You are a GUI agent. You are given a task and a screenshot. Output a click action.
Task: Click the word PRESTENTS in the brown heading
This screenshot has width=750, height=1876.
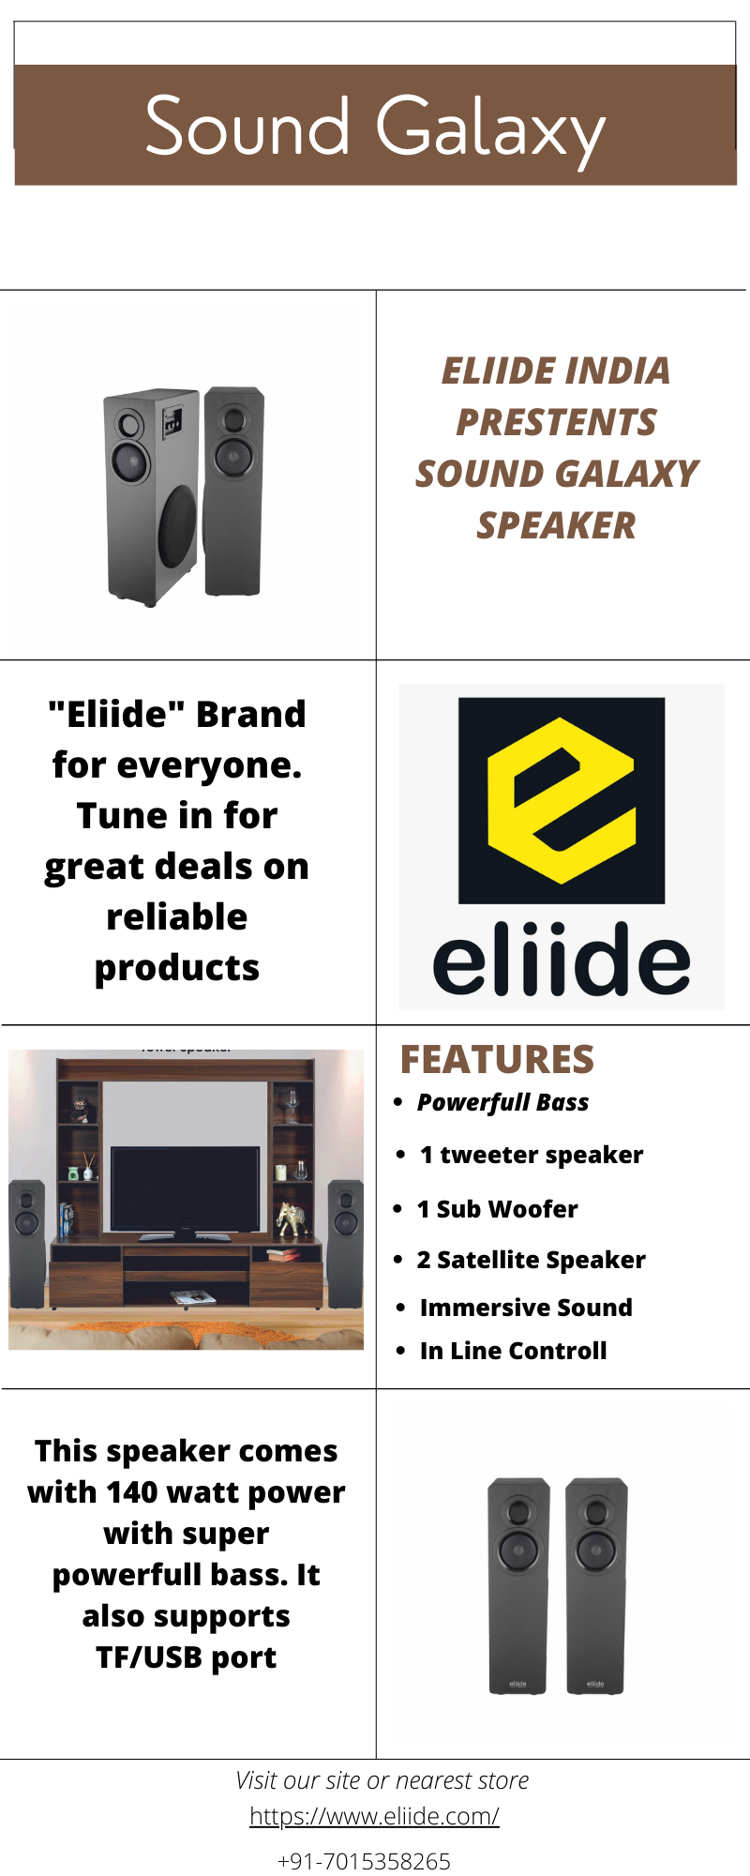click(556, 423)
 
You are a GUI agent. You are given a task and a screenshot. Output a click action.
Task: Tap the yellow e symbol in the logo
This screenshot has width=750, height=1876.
click(562, 800)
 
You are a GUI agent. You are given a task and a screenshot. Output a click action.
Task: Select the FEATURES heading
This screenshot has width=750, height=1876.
click(497, 1059)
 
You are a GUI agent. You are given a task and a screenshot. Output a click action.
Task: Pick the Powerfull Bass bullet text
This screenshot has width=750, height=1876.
click(502, 1103)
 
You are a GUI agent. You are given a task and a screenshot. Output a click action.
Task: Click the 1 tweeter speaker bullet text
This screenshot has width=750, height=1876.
click(532, 1155)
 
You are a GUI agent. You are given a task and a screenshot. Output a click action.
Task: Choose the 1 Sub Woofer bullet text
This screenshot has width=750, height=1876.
click(498, 1209)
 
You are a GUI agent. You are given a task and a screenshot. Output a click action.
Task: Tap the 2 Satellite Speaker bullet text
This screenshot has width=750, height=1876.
click(532, 1260)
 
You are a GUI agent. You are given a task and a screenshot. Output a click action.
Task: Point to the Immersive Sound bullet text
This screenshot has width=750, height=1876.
click(526, 1308)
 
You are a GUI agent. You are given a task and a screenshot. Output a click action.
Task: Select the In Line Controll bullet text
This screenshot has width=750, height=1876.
click(514, 1351)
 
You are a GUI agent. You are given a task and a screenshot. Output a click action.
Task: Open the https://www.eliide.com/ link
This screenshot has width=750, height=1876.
click(374, 1817)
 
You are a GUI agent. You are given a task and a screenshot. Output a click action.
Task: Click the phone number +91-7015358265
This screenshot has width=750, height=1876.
click(364, 1862)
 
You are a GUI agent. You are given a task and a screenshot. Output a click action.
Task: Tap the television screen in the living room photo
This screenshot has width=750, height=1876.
click(186, 1187)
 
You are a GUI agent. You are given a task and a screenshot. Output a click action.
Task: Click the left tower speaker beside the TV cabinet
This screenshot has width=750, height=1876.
click(27, 1244)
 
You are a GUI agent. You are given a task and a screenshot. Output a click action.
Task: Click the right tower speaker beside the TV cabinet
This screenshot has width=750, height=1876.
click(345, 1244)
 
